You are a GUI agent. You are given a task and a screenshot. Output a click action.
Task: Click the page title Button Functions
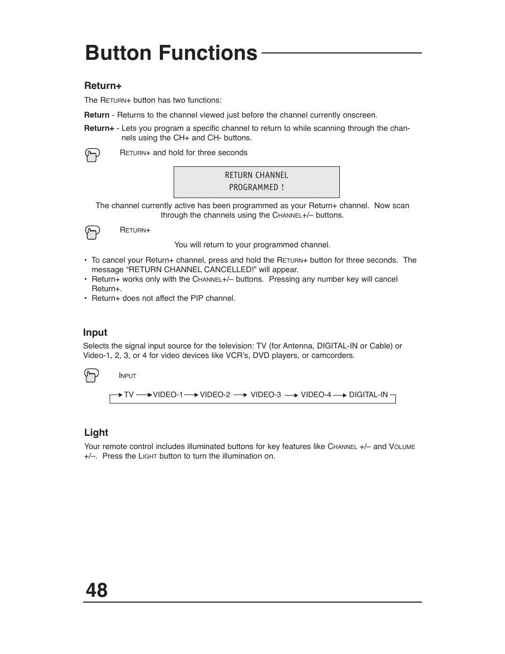tap(171, 53)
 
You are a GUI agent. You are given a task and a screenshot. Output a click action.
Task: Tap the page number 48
tap(96, 590)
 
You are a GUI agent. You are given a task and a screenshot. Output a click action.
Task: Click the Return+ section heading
tap(103, 86)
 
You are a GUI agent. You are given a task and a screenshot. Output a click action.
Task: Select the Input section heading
tap(95, 333)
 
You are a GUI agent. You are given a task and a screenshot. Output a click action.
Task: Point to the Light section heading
tap(96, 433)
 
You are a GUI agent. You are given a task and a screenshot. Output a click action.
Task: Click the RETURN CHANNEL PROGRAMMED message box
tap(256, 182)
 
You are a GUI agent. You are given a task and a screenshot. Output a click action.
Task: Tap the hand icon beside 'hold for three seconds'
tap(92, 155)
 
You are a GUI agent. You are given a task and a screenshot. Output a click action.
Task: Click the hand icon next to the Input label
tap(92, 375)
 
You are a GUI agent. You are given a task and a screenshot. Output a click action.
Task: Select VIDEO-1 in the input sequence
tap(168, 395)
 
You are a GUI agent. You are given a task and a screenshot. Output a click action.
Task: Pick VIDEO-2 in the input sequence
tap(215, 395)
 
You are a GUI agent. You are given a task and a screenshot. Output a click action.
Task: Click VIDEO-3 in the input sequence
tap(266, 395)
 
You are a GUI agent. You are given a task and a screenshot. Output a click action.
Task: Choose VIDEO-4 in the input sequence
tap(316, 395)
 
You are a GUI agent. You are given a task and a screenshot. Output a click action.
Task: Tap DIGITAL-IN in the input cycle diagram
tap(368, 395)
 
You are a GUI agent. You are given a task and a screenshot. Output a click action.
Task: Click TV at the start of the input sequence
tap(129, 395)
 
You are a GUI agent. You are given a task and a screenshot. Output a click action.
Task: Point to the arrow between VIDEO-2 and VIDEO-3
tap(240, 395)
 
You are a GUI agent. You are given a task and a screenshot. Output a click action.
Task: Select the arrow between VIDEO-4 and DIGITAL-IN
tap(340, 395)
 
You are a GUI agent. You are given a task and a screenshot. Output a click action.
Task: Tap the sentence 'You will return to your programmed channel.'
tap(252, 245)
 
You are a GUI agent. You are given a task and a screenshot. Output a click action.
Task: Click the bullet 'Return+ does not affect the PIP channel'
tap(163, 298)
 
